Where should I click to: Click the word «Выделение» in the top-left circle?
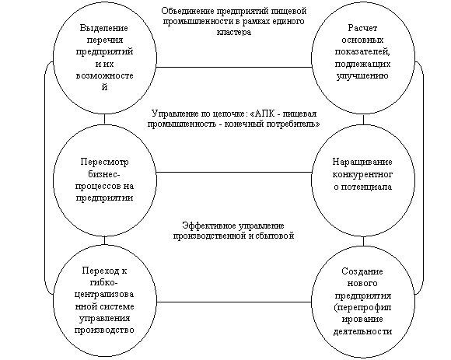point(104,28)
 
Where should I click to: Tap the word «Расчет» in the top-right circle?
point(362,28)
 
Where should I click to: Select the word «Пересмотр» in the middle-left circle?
point(104,163)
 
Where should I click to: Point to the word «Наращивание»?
point(362,163)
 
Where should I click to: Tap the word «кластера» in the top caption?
point(233,32)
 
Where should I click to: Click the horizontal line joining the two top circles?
point(234,68)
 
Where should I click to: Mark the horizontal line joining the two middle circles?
point(234,173)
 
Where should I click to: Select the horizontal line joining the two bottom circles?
point(234,302)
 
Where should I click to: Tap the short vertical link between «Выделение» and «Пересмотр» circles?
point(104,118)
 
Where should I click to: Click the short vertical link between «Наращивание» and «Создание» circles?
point(363,242)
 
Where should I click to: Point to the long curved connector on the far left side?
point(45,178)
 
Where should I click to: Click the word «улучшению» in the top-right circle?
point(362,76)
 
